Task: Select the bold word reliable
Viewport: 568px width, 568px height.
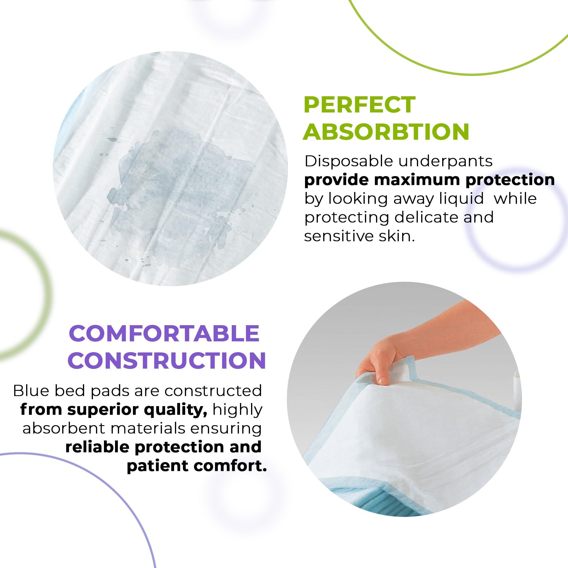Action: coord(97,447)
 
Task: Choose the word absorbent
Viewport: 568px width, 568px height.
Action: coord(64,428)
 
